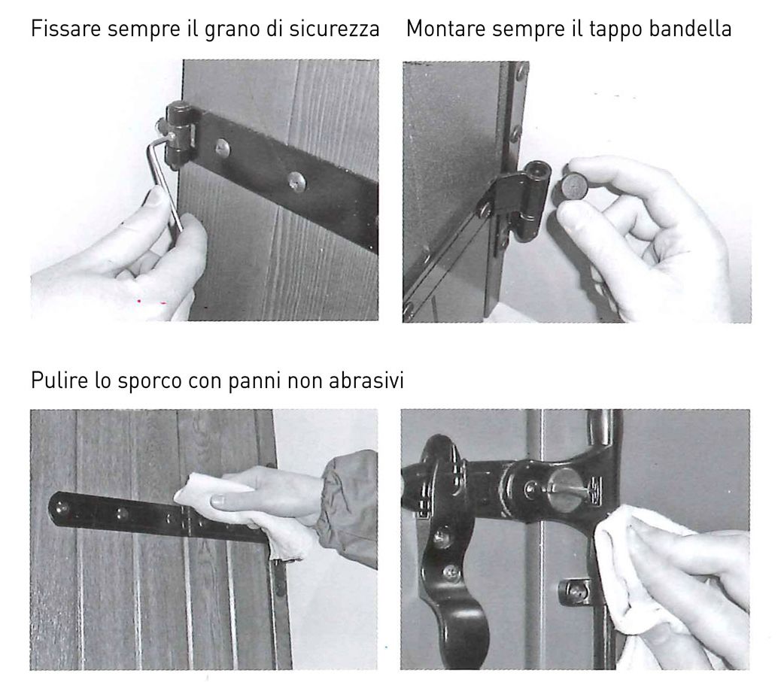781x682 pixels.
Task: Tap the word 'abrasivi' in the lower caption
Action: (366, 380)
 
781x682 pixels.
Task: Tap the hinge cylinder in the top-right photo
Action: (536, 199)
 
